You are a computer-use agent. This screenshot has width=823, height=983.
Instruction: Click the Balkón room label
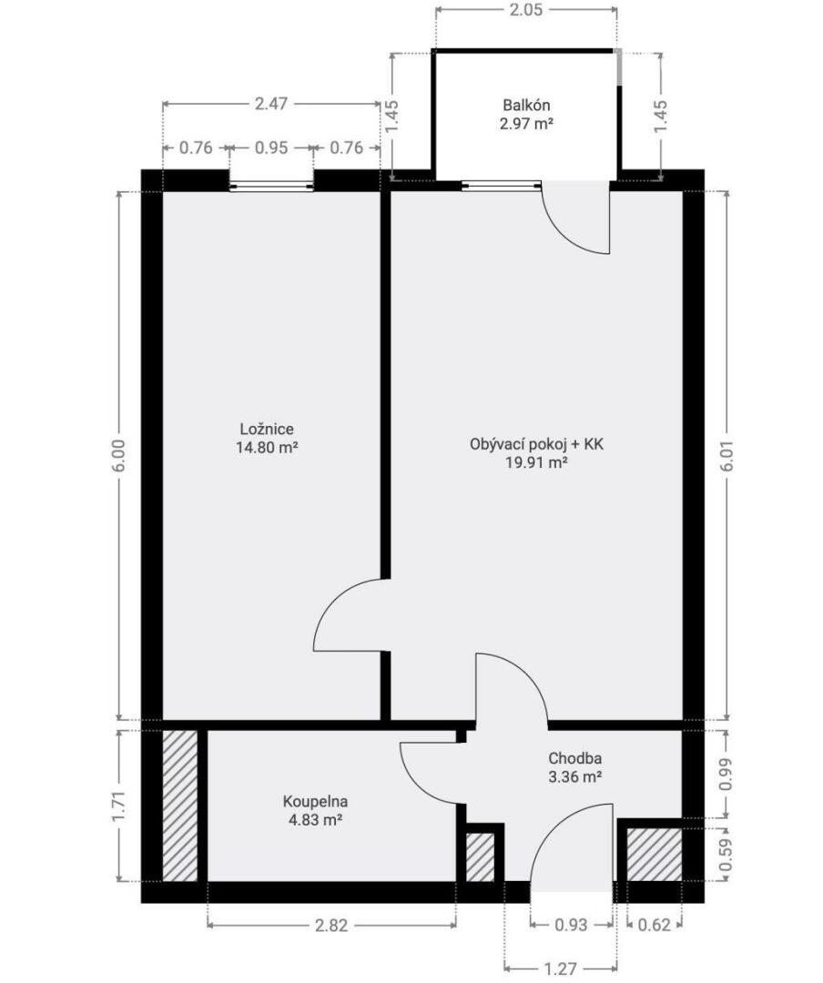[526, 106]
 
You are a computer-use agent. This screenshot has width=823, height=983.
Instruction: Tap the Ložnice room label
[267, 430]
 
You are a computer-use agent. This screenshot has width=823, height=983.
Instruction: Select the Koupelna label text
[315, 801]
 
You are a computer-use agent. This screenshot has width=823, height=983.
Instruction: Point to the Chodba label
[575, 758]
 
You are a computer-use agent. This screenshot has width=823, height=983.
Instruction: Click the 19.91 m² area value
[536, 463]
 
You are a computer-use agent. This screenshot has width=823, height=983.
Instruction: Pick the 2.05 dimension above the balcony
[525, 9]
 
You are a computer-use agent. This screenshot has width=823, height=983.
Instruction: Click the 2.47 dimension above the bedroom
[271, 104]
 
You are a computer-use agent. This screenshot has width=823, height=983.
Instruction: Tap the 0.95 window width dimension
[271, 148]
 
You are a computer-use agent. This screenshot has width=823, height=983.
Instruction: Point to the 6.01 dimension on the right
[726, 456]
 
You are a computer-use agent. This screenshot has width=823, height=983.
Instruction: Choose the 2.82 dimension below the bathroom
[331, 925]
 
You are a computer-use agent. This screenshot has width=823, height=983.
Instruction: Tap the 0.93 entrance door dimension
[572, 925]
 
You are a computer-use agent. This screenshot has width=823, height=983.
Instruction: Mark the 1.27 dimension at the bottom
[560, 968]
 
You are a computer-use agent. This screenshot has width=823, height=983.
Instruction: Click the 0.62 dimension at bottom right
[655, 925]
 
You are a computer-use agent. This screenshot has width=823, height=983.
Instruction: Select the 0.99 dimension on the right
[726, 775]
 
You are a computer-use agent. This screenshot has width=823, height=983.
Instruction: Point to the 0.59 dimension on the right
[726, 855]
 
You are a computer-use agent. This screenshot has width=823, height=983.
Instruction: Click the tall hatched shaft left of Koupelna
[180, 806]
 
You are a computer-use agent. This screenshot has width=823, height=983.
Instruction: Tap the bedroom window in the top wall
[271, 186]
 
